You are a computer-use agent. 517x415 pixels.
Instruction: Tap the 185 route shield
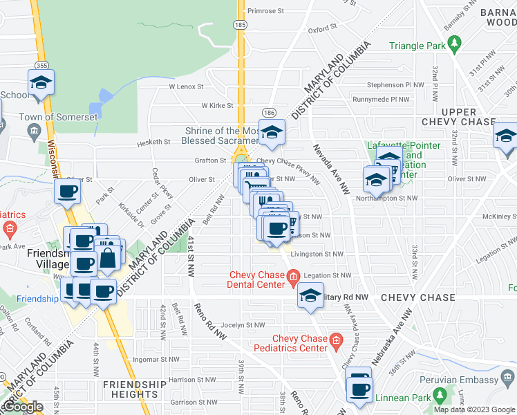(240, 24)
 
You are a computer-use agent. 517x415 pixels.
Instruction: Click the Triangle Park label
(415, 46)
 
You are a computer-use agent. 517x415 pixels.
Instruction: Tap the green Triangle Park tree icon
(454, 46)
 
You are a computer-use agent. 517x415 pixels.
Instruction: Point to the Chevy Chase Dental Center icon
(293, 279)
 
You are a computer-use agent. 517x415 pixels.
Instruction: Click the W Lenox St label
(187, 87)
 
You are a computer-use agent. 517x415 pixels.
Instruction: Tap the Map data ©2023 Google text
(474, 409)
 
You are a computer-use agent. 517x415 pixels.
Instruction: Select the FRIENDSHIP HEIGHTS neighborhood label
(134, 389)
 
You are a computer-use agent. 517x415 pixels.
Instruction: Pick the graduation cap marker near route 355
(41, 83)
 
